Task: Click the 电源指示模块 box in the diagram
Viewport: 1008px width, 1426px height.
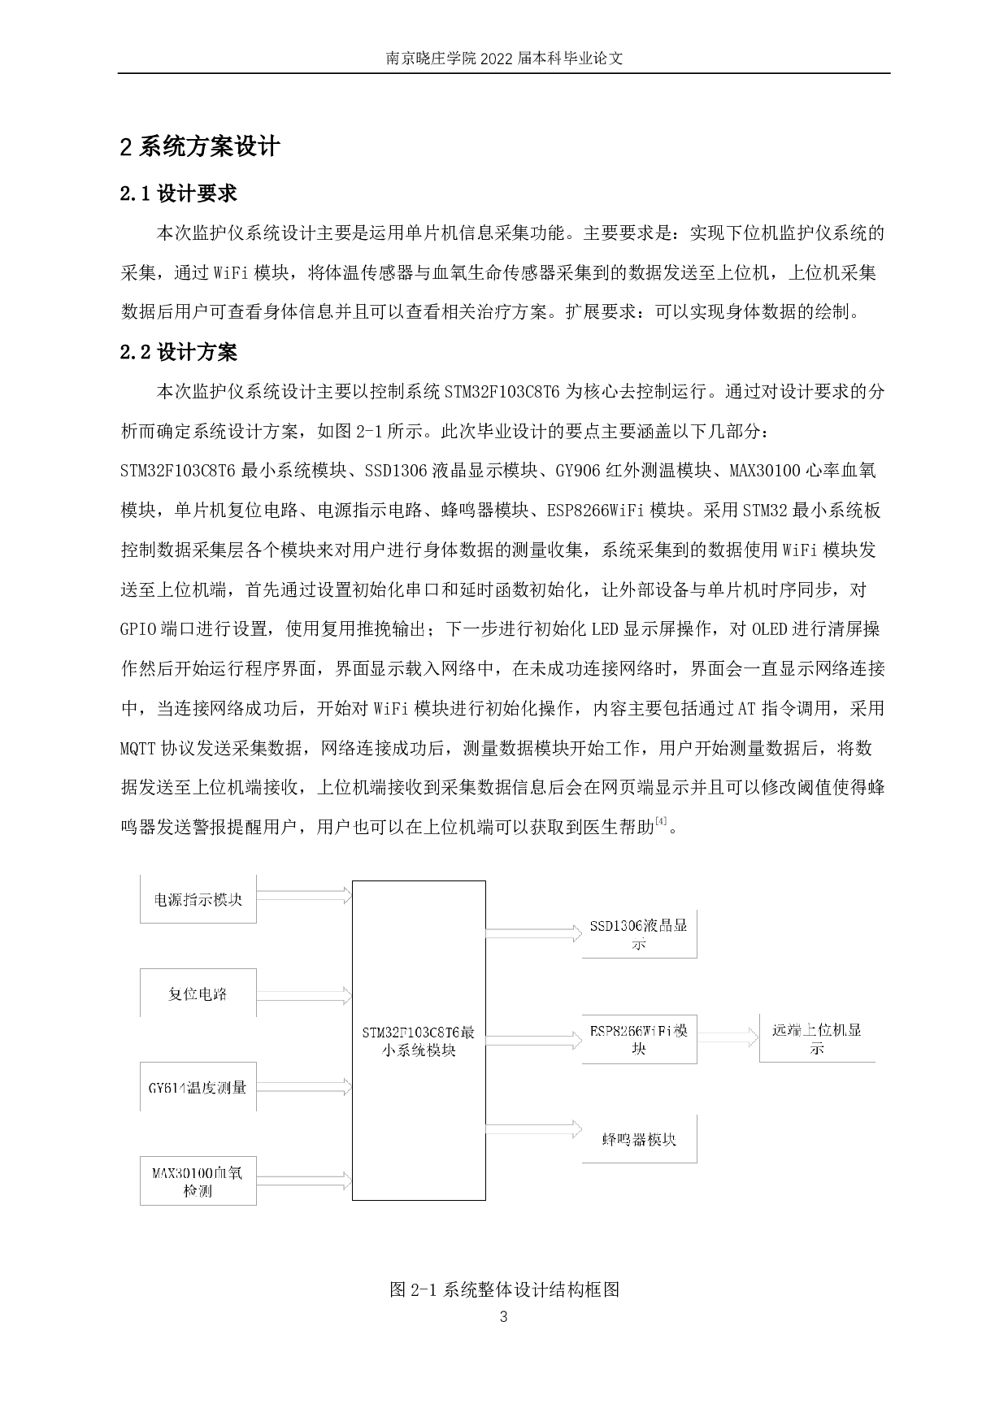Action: click(x=198, y=899)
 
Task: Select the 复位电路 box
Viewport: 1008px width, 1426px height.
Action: click(x=198, y=993)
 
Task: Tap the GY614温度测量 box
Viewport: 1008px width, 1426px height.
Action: click(x=198, y=1086)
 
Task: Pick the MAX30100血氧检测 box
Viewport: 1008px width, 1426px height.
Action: click(x=198, y=1181)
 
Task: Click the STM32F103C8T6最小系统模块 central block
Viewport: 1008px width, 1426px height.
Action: click(x=419, y=1040)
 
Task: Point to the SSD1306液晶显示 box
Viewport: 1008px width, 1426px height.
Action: click(x=639, y=934)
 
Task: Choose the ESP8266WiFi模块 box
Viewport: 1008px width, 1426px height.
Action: click(x=639, y=1039)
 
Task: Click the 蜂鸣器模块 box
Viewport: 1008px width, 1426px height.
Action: click(x=639, y=1139)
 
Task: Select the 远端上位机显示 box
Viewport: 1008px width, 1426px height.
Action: click(x=817, y=1038)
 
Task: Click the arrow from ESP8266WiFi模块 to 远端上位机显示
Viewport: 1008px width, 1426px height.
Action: click(x=728, y=1036)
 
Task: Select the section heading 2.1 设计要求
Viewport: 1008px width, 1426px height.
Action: click(x=178, y=193)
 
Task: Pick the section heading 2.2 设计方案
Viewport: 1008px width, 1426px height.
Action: click(x=178, y=352)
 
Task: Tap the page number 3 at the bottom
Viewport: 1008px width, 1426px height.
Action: click(x=503, y=1316)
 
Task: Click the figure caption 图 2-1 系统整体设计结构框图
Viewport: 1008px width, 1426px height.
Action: click(x=505, y=1289)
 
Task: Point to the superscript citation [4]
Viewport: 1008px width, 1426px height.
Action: click(x=661, y=823)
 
